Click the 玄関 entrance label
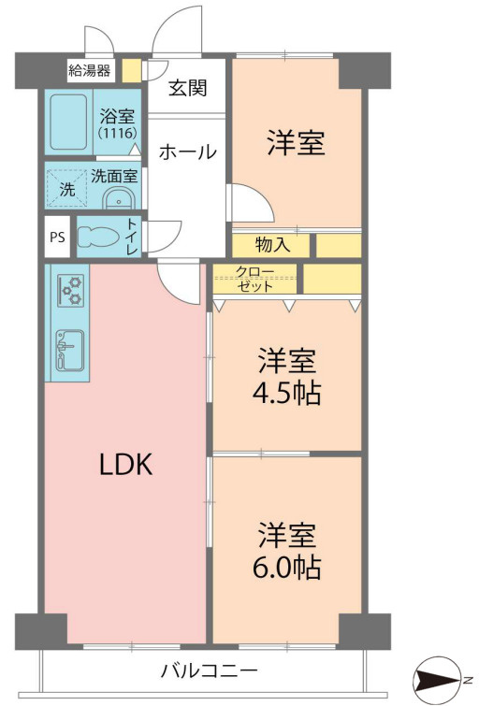[x=188, y=89]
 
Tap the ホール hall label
[x=187, y=151]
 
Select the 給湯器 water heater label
[x=89, y=70]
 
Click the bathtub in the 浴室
[x=68, y=122]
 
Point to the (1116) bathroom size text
[x=118, y=133]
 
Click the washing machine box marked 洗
[x=65, y=185]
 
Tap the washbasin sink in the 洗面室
[x=118, y=199]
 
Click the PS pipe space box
[x=57, y=237]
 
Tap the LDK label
[x=126, y=465]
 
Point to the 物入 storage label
[x=272, y=245]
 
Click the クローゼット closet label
[x=254, y=279]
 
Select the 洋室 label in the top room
[x=296, y=144]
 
